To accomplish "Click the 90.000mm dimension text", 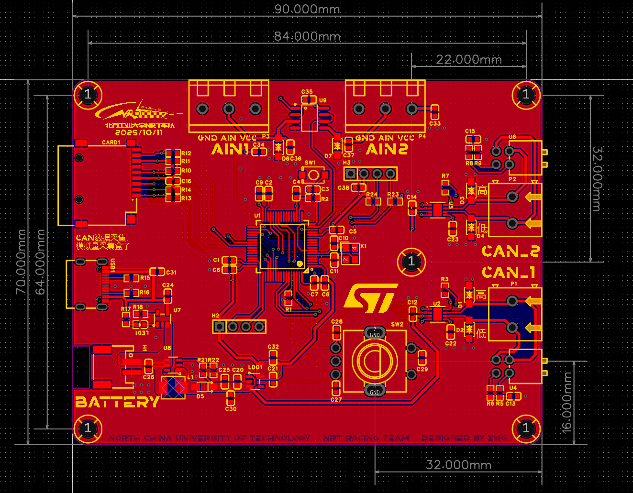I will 307,9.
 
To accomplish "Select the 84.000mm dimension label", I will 307,36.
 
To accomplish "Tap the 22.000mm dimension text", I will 469,59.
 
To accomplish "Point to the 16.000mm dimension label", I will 566,402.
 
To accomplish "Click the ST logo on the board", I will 371,298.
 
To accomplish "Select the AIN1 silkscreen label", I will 230,149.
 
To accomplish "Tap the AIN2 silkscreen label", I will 387,150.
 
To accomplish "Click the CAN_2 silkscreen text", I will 510,251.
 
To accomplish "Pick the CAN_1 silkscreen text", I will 508,273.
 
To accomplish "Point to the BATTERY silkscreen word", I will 117,402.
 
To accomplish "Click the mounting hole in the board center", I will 411,262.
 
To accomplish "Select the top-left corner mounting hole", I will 88,94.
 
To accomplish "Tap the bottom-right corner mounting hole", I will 526,428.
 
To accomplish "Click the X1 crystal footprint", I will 350,253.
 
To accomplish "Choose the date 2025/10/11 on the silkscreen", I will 139,132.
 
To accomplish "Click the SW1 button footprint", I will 313,175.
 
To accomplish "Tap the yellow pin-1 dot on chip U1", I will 300,263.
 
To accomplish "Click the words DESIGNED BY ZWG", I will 464,438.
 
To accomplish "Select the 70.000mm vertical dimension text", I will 21,262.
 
